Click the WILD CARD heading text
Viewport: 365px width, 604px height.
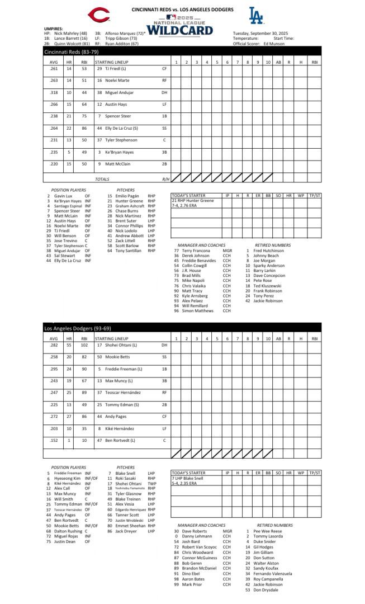(x=180, y=30)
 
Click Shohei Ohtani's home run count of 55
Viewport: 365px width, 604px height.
(x=69, y=345)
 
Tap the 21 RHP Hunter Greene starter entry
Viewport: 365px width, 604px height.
(x=193, y=200)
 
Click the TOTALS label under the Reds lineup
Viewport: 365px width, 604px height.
(x=102, y=179)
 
